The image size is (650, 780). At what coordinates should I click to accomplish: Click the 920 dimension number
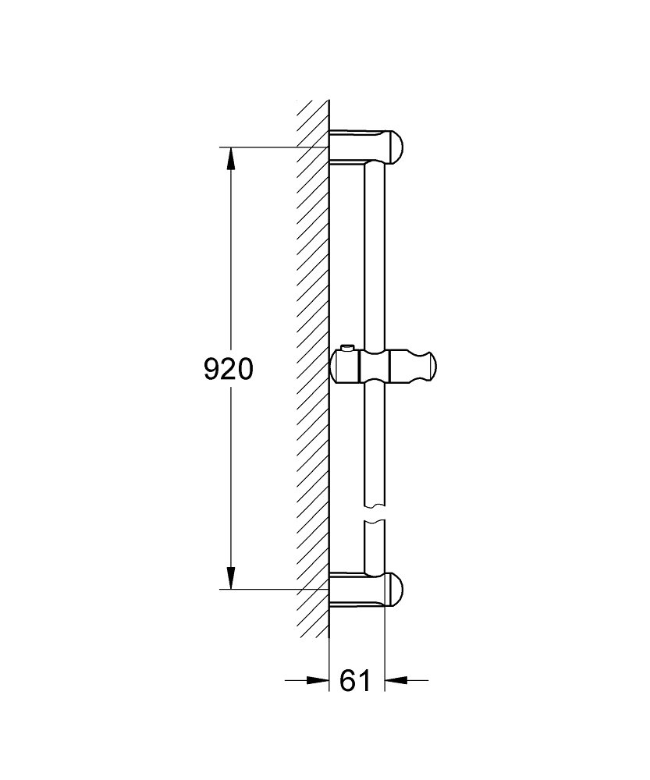click(229, 368)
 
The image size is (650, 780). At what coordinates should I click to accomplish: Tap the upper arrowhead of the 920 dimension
click(231, 159)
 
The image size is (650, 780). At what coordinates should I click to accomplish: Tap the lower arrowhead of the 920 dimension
click(231, 578)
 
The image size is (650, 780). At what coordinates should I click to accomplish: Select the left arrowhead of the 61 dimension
click(318, 680)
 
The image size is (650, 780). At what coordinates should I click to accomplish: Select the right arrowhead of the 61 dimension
click(397, 680)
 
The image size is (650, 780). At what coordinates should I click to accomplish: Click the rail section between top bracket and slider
click(375, 250)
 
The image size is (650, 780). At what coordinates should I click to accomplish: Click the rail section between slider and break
click(375, 445)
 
